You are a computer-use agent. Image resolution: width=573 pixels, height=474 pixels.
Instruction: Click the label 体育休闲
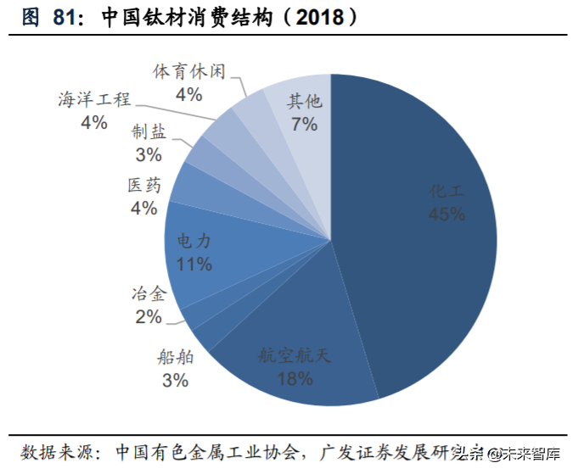pos(188,71)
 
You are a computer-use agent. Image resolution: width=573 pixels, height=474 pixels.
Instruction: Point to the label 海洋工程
pos(94,99)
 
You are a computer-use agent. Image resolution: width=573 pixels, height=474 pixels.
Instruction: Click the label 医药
pos(143,185)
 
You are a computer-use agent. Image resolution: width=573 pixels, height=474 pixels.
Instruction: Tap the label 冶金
pos(148,294)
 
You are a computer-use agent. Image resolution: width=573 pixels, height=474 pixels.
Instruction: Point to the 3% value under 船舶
pos(175,381)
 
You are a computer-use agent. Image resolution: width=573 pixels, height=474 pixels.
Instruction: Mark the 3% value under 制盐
pos(149,154)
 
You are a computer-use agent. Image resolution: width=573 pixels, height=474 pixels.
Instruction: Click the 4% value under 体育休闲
pos(188,93)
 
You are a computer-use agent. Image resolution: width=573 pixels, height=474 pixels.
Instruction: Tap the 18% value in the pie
pos(294,378)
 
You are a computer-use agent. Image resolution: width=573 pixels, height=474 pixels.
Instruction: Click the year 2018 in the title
pos(317,18)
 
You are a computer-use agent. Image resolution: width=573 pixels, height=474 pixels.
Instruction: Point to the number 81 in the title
pos(65,18)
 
